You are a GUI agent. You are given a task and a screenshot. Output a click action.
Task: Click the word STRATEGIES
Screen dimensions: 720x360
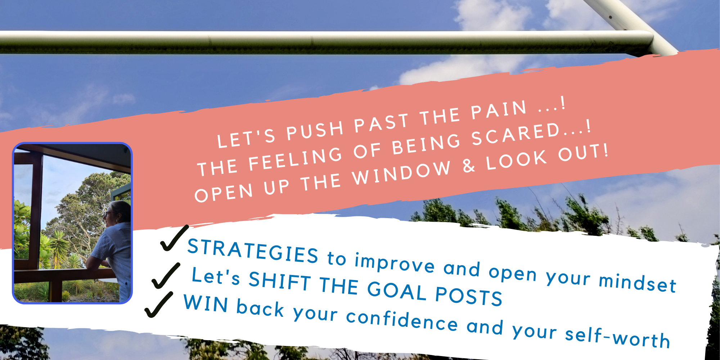click(253, 251)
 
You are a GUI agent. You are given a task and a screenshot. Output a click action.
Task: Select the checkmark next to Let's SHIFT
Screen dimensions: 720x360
click(166, 276)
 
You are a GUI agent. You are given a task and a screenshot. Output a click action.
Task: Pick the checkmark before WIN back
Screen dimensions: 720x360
click(159, 305)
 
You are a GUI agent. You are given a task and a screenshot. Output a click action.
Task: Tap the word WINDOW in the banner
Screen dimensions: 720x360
click(401, 172)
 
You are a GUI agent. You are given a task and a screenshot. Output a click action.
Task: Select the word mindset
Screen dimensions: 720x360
click(638, 282)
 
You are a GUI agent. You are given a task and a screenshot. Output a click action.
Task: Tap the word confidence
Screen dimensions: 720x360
click(402, 319)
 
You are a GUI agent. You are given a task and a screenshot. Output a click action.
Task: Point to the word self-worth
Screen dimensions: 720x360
click(617, 337)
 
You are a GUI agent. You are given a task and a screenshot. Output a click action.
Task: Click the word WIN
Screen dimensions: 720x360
click(206, 303)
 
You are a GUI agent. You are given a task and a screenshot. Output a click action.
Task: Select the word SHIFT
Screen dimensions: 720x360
click(280, 280)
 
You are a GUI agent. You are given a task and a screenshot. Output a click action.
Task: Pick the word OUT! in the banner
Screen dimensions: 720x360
click(583, 153)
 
